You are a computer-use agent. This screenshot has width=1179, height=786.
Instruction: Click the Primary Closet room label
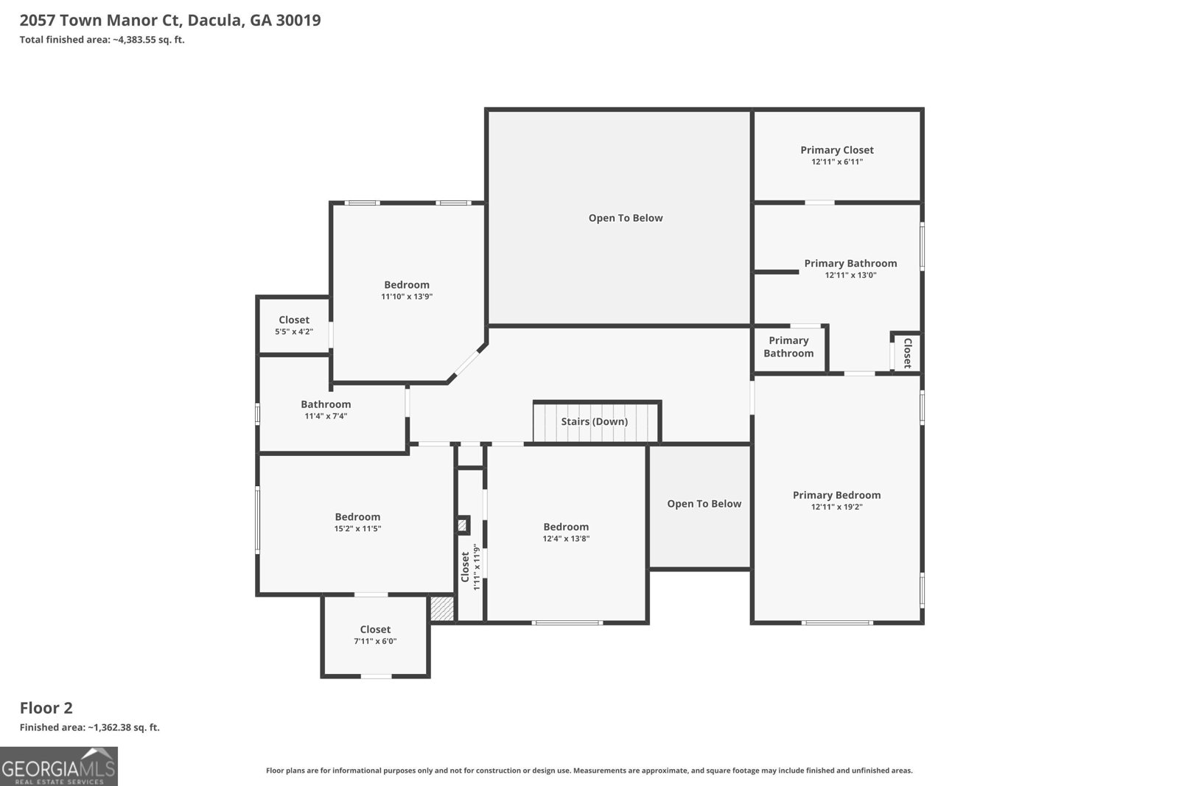[837, 150]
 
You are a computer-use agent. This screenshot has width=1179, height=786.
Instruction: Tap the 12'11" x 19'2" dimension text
[837, 507]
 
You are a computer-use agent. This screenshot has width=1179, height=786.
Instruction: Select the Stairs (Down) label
[594, 421]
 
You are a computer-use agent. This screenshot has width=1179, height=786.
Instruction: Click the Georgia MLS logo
[58, 766]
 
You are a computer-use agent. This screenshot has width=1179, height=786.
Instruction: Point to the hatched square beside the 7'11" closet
[441, 608]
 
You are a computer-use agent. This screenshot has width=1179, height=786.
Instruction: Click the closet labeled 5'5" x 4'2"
[294, 325]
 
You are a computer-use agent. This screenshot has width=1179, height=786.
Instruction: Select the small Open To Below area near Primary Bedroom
[704, 504]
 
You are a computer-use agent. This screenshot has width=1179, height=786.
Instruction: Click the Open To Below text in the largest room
[626, 218]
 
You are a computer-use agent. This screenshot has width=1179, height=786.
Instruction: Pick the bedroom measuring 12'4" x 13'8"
[566, 532]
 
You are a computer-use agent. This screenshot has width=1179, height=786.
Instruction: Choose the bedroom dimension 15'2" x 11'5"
[357, 529]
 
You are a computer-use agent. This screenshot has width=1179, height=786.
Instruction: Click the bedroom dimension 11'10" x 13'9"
[407, 297]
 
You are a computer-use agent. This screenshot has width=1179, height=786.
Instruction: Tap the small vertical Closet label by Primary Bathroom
[907, 353]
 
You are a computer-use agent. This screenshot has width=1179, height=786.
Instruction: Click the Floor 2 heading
[46, 708]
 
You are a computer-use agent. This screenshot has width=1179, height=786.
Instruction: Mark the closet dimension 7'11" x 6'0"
[375, 642]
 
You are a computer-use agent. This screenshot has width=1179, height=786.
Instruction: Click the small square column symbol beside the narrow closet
[462, 525]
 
